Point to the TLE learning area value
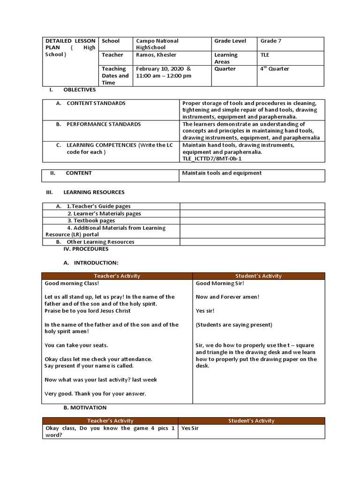tap(265, 55)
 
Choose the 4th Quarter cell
tap(275, 69)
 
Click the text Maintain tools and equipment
tap(222, 173)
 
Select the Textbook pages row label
tap(91, 220)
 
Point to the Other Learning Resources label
tap(100, 242)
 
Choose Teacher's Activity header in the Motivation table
tap(110, 420)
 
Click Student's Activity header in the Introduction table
tap(258, 276)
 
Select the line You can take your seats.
tap(76, 345)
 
